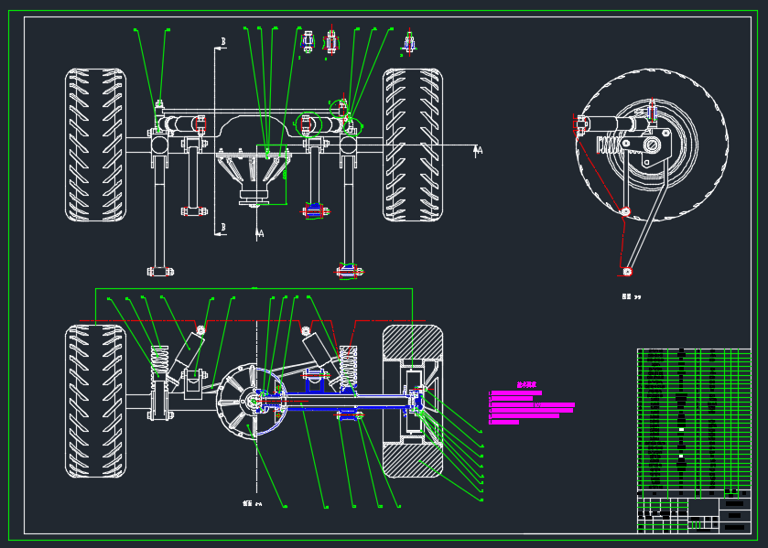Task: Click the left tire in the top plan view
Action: click(x=95, y=145)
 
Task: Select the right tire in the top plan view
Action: click(x=412, y=145)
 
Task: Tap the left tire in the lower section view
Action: click(x=95, y=401)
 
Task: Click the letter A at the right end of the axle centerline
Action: click(x=479, y=150)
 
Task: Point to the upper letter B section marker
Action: click(x=222, y=42)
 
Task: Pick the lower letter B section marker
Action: click(x=222, y=228)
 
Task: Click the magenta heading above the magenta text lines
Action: click(x=526, y=385)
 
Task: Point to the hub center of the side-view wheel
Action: click(x=652, y=145)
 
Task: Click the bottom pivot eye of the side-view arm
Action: click(x=627, y=272)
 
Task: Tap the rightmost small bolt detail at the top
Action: click(x=409, y=43)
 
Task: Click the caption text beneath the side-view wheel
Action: click(x=631, y=296)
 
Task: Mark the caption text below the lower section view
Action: click(x=252, y=503)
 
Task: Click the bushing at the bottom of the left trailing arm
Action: click(x=159, y=272)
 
